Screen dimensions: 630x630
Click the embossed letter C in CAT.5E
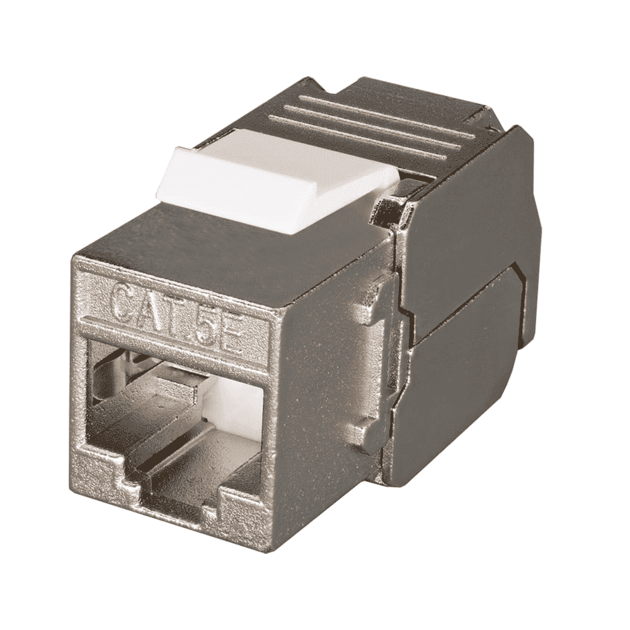pyautogui.click(x=127, y=302)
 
